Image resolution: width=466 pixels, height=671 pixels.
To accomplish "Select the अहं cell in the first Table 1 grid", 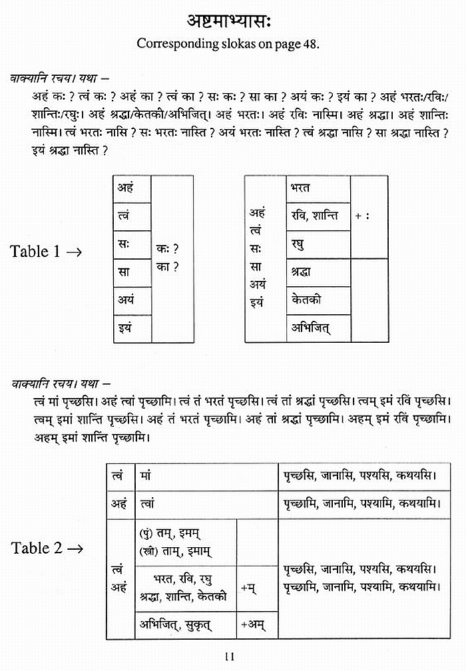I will pyautogui.click(x=132, y=188).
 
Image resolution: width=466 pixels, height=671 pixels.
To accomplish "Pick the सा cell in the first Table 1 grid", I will pyautogui.click(x=132, y=272).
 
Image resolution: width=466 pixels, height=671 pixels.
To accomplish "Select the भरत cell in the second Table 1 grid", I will pyautogui.click(x=318, y=188).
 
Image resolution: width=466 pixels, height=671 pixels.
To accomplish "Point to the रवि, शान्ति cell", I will pyautogui.click(x=318, y=216).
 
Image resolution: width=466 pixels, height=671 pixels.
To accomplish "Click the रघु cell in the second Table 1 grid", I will pyautogui.click(x=318, y=244).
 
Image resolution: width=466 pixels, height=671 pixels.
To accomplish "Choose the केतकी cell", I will pyautogui.click(x=318, y=300).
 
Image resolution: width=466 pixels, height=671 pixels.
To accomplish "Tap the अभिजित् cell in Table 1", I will pyautogui.click(x=318, y=328).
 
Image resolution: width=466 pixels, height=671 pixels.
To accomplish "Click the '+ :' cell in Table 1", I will pyautogui.click(x=369, y=216).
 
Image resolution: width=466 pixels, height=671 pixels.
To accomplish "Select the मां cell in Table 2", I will pyautogui.click(x=206, y=477).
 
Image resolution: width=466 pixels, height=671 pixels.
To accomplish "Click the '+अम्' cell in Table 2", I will pyautogui.click(x=257, y=624).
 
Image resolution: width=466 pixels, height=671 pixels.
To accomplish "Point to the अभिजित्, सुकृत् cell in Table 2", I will pyautogui.click(x=186, y=624).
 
